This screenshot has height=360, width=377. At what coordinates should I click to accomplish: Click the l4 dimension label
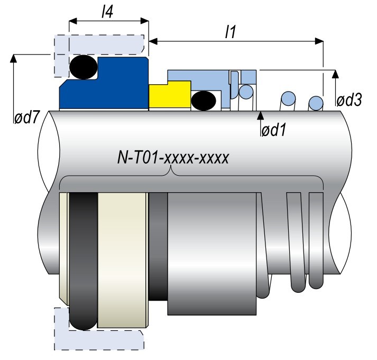pyautogui.click(x=107, y=11)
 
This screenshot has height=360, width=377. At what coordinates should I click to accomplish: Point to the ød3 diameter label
pyautogui.click(x=349, y=100)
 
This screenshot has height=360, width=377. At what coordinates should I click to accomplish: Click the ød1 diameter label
pyautogui.click(x=273, y=129)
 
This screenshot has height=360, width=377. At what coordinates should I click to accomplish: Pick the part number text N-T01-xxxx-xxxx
pyautogui.click(x=173, y=158)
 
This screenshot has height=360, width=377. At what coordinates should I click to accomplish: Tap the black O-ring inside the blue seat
pyautogui.click(x=84, y=67)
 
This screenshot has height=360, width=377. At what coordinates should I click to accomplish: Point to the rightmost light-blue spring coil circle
pyautogui.click(x=316, y=101)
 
